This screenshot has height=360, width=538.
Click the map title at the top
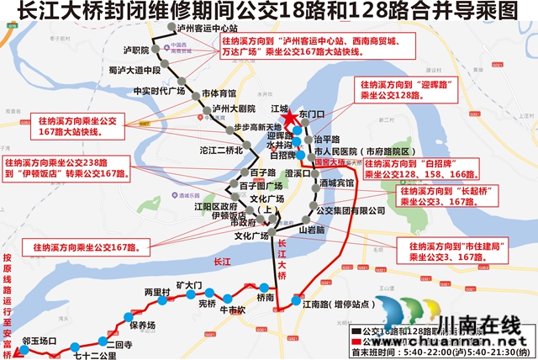[269, 14]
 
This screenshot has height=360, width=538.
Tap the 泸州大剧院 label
[234, 109]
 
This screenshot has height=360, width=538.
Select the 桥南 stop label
[266, 298]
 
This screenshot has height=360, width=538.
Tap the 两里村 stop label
[157, 292]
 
